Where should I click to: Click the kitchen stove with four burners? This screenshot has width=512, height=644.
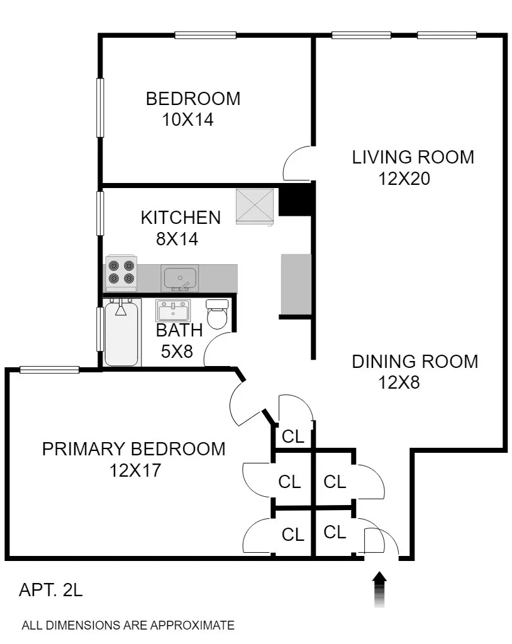[121, 271]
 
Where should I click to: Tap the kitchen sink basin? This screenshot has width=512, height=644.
[179, 277]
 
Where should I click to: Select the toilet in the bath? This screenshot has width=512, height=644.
[217, 314]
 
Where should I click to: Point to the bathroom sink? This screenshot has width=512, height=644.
[173, 311]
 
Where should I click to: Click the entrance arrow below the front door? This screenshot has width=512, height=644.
[380, 589]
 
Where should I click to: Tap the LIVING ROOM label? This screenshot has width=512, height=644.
[413, 157]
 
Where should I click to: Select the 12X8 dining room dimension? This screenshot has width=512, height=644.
[399, 382]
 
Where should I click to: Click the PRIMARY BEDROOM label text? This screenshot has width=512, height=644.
[133, 449]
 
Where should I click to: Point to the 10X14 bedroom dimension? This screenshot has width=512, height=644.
[188, 119]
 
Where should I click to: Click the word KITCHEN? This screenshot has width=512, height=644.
[181, 218]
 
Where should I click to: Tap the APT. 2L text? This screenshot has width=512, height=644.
[51, 591]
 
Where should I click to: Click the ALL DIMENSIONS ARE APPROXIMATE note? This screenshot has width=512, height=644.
[128, 626]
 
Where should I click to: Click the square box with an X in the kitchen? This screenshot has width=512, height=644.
[255, 206]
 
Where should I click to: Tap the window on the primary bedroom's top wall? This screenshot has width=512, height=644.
[49, 370]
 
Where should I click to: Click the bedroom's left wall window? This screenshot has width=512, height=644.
[99, 107]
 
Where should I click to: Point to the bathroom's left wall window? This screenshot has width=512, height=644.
[99, 328]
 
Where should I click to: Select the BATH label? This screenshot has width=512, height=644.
[179, 330]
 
